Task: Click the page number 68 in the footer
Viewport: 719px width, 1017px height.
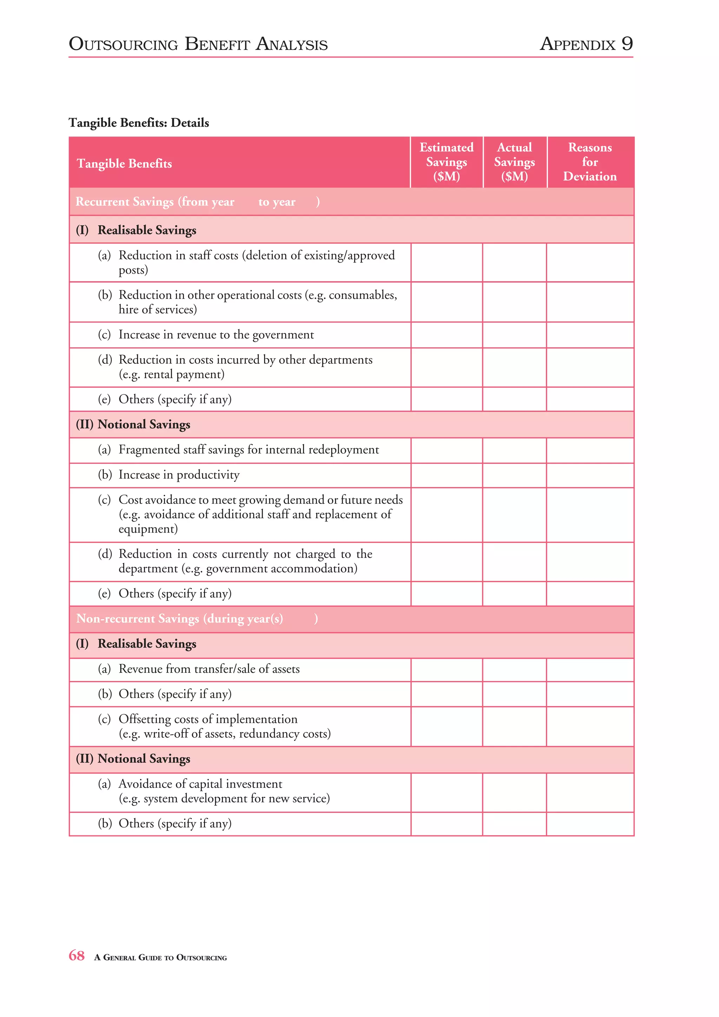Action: click(x=76, y=956)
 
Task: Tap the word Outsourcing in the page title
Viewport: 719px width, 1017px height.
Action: click(x=124, y=44)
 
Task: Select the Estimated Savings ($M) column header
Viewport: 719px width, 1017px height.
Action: click(x=446, y=162)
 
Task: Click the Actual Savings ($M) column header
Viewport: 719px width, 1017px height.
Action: click(x=514, y=162)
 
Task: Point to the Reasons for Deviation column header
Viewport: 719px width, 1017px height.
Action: click(x=590, y=162)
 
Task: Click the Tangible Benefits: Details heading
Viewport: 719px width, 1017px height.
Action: click(x=139, y=123)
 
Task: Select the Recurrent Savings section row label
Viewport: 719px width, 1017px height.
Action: click(x=155, y=202)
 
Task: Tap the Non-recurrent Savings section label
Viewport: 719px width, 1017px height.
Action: click(x=179, y=618)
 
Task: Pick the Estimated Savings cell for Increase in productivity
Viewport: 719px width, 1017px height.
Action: click(x=446, y=475)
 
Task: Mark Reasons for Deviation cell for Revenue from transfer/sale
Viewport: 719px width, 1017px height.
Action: click(x=590, y=669)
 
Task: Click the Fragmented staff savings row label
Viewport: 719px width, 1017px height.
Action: click(x=248, y=450)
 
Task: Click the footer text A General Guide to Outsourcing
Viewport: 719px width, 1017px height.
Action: click(x=160, y=957)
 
